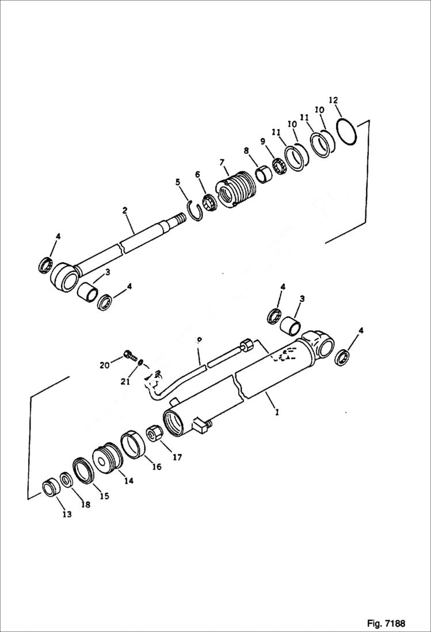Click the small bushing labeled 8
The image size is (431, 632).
264,173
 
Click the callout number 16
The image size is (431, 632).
156,467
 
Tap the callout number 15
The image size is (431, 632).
104,495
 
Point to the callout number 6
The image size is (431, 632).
198,174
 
